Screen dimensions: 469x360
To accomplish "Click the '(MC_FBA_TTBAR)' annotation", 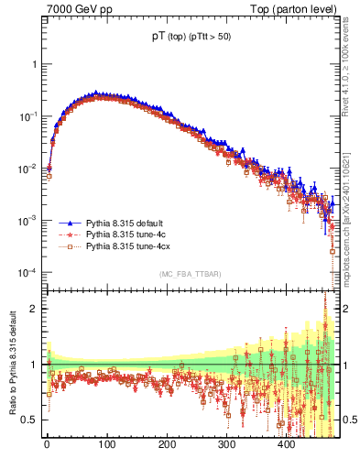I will coord(190,275).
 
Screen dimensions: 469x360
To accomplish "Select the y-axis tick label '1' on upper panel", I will coord(34,65).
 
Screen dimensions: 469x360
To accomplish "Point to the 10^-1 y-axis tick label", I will coord(28,116).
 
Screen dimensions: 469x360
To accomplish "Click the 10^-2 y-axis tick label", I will coord(28,169).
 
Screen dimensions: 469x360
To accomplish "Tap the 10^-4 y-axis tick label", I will coord(28,272).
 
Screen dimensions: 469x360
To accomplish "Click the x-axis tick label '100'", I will coord(106,444).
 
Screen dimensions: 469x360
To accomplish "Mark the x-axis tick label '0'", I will coord(47,444).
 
